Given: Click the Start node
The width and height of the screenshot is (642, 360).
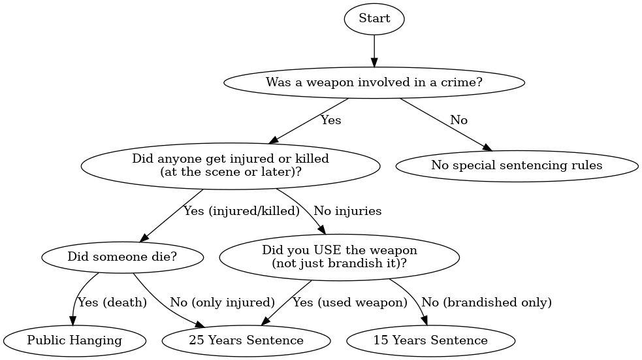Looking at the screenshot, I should coord(374,19).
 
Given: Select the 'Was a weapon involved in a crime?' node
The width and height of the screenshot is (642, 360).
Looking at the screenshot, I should coord(374,83).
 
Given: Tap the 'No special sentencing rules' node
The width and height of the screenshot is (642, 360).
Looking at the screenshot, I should coord(517,165).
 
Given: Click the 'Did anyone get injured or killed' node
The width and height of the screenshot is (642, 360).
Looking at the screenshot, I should coord(231,165).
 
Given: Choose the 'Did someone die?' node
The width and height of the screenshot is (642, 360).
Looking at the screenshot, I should coord(122,257).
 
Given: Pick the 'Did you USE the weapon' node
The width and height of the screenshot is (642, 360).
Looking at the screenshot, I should coord(339,257).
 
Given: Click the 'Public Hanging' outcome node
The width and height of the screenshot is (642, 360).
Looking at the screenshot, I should coord(74,340).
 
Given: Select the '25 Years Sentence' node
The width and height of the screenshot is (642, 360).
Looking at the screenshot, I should coord(246,340).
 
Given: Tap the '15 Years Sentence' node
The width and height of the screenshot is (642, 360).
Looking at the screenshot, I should coord(430,340).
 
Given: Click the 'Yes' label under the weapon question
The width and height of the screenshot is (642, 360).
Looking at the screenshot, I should coord(330,120).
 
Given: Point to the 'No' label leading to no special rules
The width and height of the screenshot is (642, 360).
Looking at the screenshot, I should coord(458,120).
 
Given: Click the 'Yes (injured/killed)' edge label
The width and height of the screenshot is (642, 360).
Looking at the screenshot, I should coord(241,211).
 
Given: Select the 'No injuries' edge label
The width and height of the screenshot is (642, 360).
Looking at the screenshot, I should coord(347,211).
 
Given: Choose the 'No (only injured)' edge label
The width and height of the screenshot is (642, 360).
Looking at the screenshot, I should coord(222,303).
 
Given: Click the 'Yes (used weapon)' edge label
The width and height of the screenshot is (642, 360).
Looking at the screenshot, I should coord(349,303).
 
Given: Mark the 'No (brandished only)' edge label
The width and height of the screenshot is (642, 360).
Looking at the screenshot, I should coord(487,303).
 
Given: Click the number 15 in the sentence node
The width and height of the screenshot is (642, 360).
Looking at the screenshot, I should coord(381,340).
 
